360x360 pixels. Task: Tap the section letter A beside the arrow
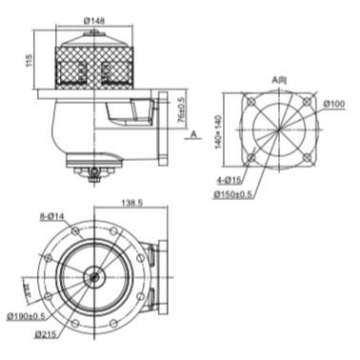point(193,135)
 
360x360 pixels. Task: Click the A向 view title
point(279,79)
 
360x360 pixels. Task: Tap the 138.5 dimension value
point(133,204)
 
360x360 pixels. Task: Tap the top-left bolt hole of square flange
point(250,102)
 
